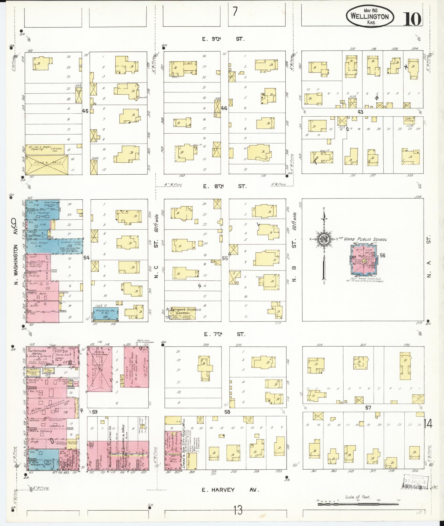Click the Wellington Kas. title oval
[x=369, y=16]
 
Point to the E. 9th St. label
[x=223, y=39]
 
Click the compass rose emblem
[x=324, y=239]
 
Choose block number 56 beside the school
[x=382, y=255]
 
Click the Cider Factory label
[x=409, y=120]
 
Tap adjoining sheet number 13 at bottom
[x=238, y=511]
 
